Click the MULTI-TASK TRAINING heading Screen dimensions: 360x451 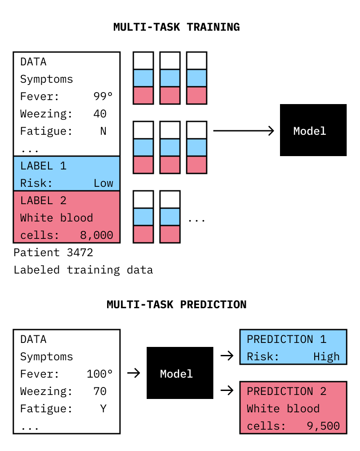coord(176,27)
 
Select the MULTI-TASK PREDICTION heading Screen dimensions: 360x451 coord(176,305)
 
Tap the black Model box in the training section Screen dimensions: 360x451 coord(313,130)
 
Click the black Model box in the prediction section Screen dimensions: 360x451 coord(180,373)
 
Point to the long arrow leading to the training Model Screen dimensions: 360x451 coord(244,131)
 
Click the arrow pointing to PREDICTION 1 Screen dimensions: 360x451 coord(227,356)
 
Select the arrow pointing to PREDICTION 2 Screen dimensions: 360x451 coord(227,391)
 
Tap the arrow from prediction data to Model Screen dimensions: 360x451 coord(134,373)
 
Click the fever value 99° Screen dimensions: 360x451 coord(103,97)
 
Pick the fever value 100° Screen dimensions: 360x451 coord(100,374)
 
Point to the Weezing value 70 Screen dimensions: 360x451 coord(100,391)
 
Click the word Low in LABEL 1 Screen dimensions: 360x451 coord(104,183)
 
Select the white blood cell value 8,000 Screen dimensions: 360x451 coord(96,235)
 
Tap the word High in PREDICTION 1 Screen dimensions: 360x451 coord(326,357)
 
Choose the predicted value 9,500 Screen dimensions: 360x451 coord(323,426)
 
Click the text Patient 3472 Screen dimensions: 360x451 coord(53,253)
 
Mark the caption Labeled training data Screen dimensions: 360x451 coord(83,270)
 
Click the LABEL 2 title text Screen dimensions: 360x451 coord(44,201)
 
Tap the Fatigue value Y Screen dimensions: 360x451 coord(104,408)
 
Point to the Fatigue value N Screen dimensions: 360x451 coord(104,131)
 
